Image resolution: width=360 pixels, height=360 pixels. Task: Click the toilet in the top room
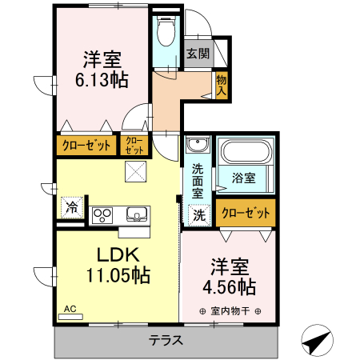pyautogui.click(x=166, y=34)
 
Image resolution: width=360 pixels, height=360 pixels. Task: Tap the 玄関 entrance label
pyautogui.click(x=198, y=54)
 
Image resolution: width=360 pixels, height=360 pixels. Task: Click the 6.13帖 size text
pyautogui.click(x=102, y=79)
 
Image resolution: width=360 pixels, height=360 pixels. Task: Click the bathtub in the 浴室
pyautogui.click(x=246, y=153)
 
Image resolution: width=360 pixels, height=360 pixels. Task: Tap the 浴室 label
pyautogui.click(x=244, y=178)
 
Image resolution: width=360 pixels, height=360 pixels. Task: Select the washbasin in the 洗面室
pyautogui.click(x=197, y=146)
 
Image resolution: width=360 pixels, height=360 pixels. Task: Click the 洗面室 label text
pyautogui.click(x=198, y=181)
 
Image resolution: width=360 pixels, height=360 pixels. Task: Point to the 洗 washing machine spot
pyautogui.click(x=197, y=214)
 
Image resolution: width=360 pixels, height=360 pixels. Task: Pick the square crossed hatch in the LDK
pyautogui.click(x=135, y=170)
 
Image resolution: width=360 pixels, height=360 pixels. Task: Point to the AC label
pyautogui.click(x=69, y=308)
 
